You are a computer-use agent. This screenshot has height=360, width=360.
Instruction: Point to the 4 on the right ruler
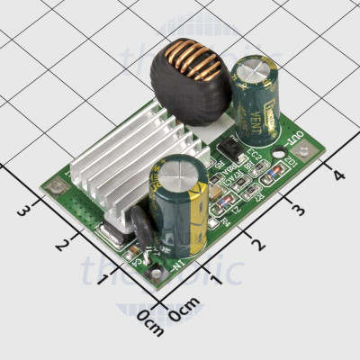(338, 175)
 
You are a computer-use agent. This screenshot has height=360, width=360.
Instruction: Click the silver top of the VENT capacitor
(250, 70)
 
